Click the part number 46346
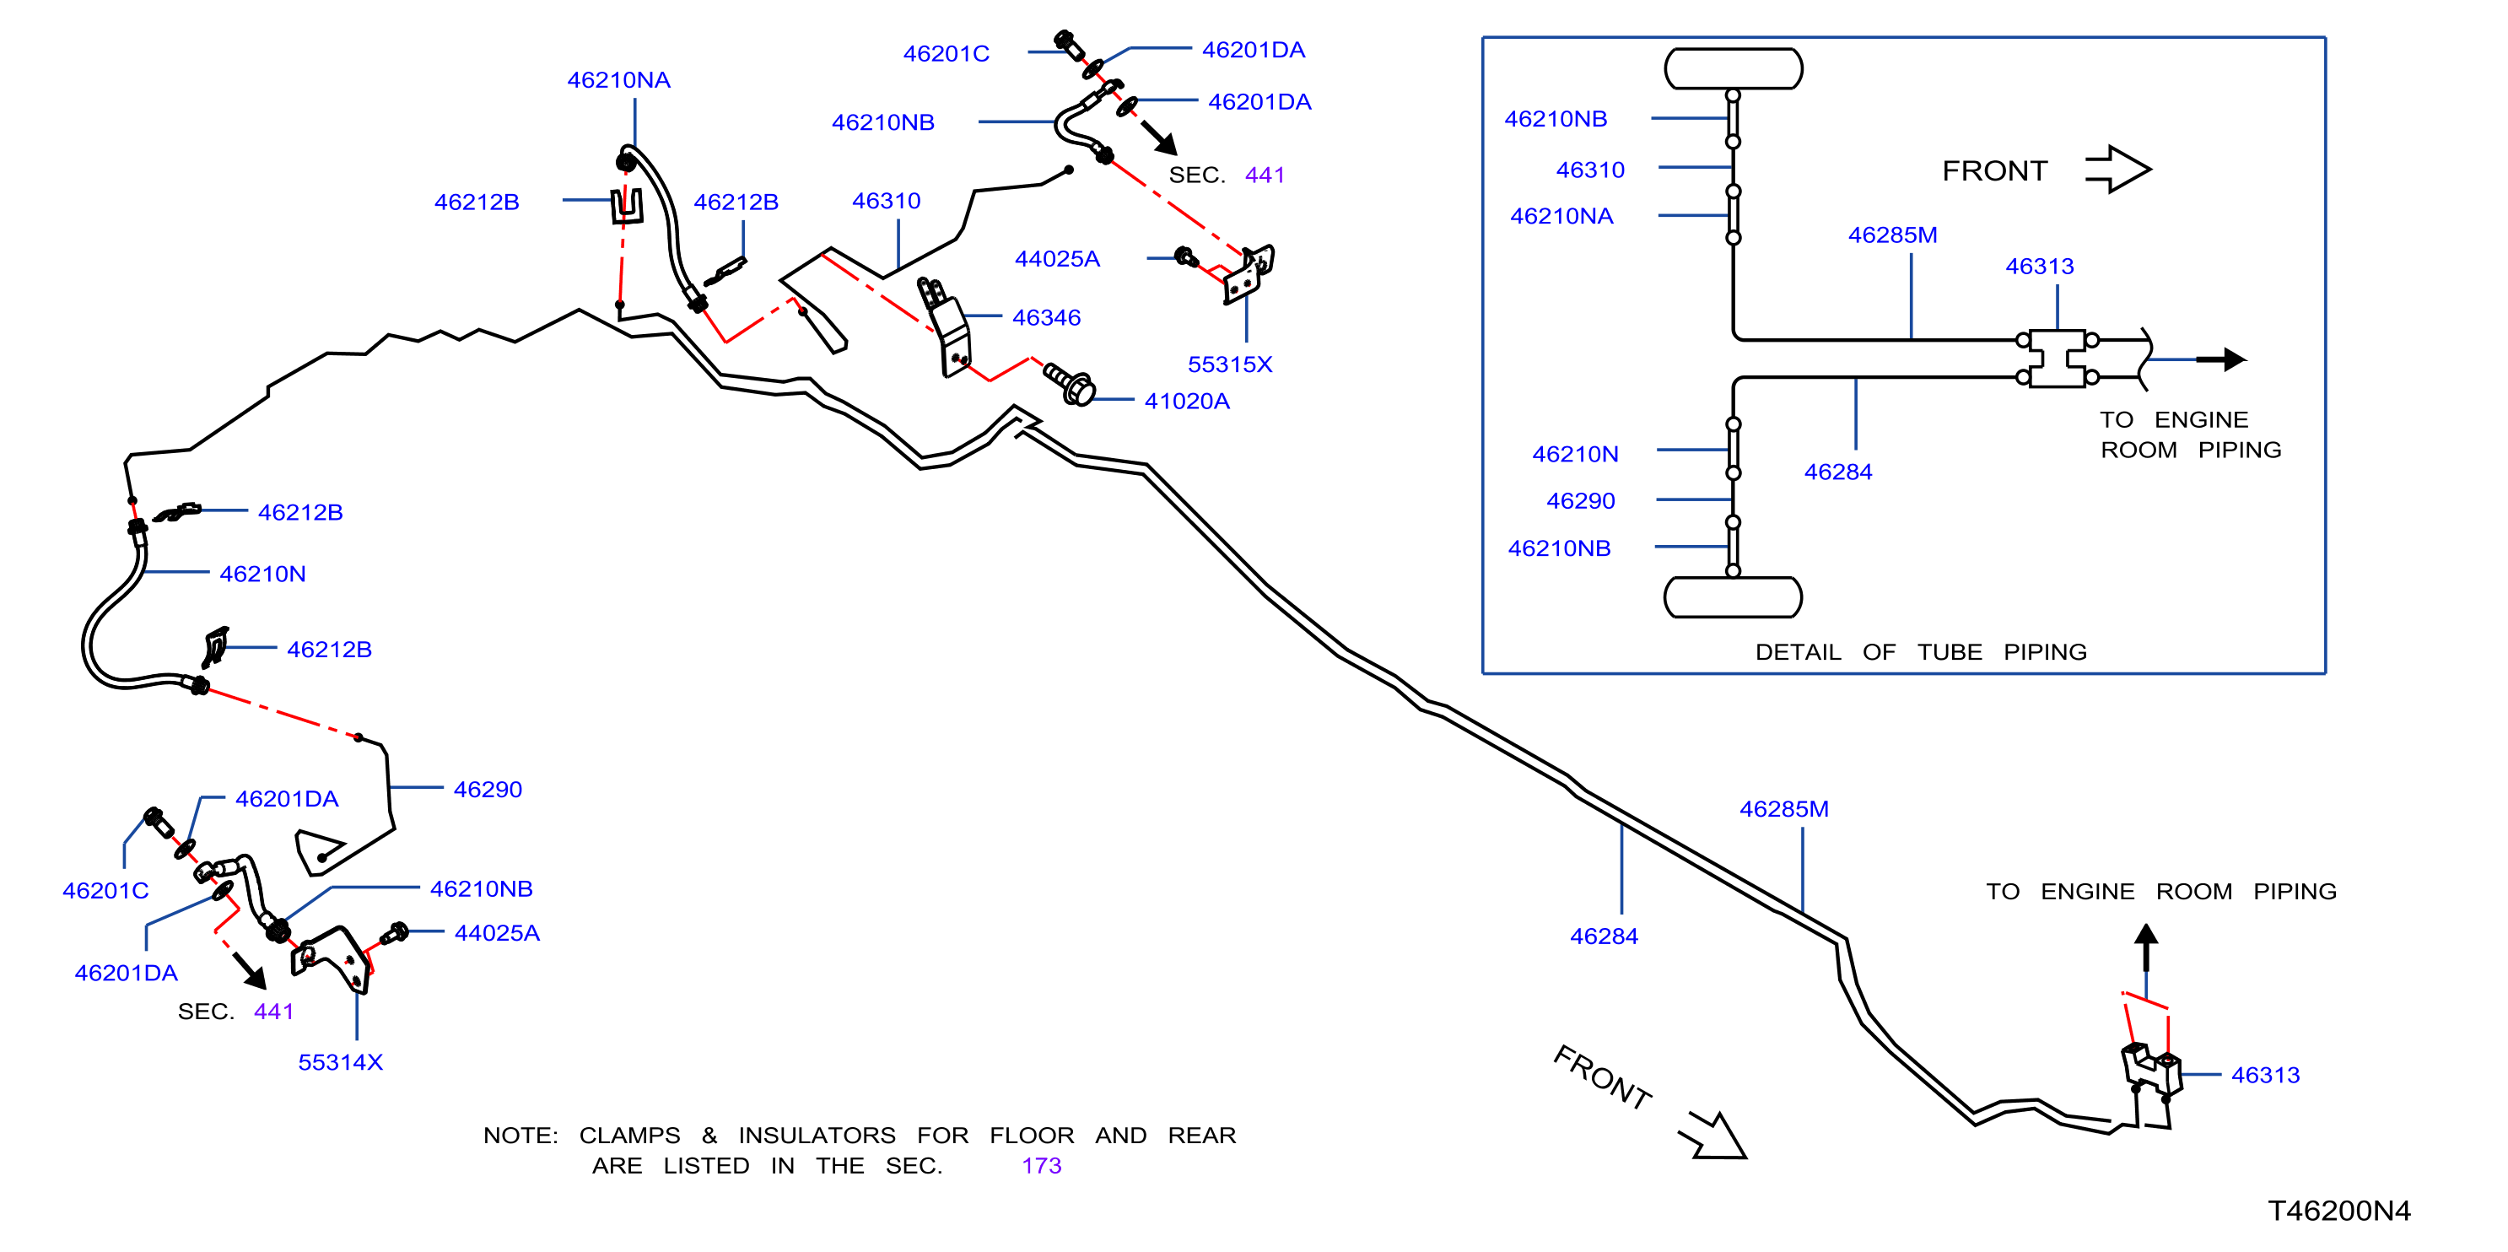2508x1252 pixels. (1046, 317)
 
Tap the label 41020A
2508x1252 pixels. (1187, 401)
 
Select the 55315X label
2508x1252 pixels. (1230, 364)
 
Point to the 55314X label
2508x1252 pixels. (341, 1062)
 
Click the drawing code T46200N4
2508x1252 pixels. (2338, 1210)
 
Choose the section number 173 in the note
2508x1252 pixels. (1041, 1165)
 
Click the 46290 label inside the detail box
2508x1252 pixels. (1580, 500)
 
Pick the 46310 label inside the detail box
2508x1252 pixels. (1590, 170)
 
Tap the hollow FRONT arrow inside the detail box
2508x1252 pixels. (2117, 170)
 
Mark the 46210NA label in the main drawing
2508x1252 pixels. (618, 80)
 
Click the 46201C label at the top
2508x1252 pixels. (946, 53)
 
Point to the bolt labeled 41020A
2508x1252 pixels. (1069, 384)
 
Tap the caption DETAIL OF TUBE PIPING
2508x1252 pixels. (1920, 651)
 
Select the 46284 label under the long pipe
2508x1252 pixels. (1604, 936)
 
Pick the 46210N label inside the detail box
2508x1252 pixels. (1574, 454)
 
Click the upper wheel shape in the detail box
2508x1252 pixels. (1733, 69)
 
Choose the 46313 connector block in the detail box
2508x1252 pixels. (2058, 359)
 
